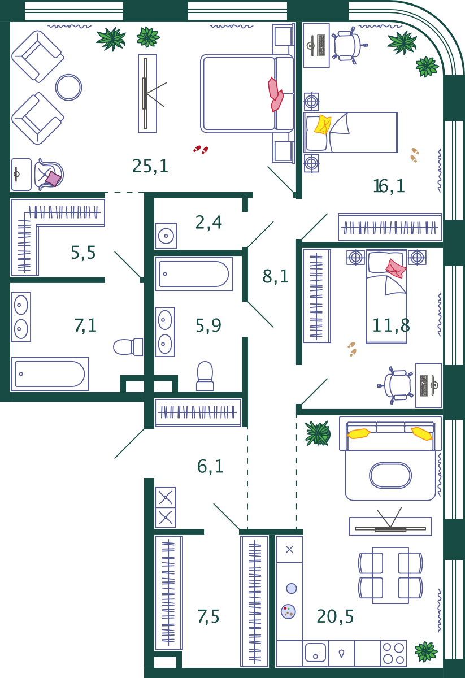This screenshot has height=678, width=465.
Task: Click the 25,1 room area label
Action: point(150,166)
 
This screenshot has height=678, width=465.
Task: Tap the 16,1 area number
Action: point(389,186)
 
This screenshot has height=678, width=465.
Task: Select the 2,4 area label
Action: point(208,223)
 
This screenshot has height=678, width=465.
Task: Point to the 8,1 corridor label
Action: point(275,276)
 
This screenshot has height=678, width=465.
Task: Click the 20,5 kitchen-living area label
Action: point(335,616)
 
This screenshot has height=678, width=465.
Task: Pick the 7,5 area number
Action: point(208,616)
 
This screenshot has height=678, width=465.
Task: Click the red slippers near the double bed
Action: point(201,150)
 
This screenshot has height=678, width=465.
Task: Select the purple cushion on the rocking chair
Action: point(53,179)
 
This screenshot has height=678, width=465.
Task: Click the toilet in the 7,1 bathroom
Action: point(128,346)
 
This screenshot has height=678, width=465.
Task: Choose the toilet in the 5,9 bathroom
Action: point(205,376)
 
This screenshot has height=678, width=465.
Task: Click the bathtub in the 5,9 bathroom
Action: point(194,274)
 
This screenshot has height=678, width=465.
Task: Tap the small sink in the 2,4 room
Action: point(166,236)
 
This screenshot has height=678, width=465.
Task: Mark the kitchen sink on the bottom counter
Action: point(315,653)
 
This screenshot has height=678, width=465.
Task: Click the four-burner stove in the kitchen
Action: point(393,653)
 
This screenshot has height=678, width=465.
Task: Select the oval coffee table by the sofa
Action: point(390,476)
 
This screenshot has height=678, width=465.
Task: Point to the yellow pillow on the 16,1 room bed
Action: point(322,124)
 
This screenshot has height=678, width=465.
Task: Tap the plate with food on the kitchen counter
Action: point(288,611)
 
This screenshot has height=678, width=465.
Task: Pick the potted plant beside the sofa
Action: point(318,433)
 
